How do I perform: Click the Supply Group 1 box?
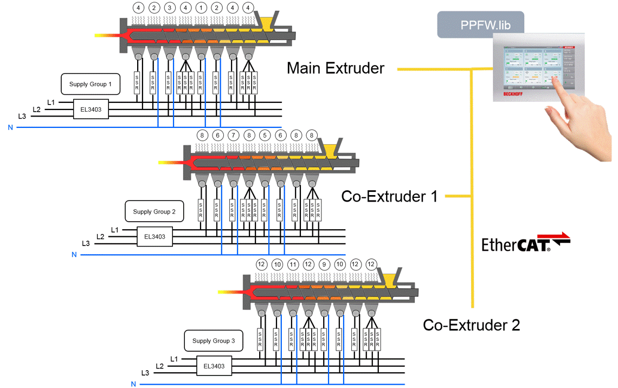point(90,85)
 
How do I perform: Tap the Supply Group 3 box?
point(214,341)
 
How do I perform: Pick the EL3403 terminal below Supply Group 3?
point(214,366)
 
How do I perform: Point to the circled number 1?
point(201,8)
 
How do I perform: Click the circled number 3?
point(170,8)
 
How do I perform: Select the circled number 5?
point(265,135)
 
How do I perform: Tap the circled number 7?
point(233,135)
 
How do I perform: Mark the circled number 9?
point(324,264)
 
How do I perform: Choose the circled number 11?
point(293,264)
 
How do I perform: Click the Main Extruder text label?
point(336,68)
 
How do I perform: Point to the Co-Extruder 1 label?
point(389,196)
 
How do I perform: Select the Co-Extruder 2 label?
point(471,325)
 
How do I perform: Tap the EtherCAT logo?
point(525,243)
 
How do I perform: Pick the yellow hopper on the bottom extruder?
point(389,279)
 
